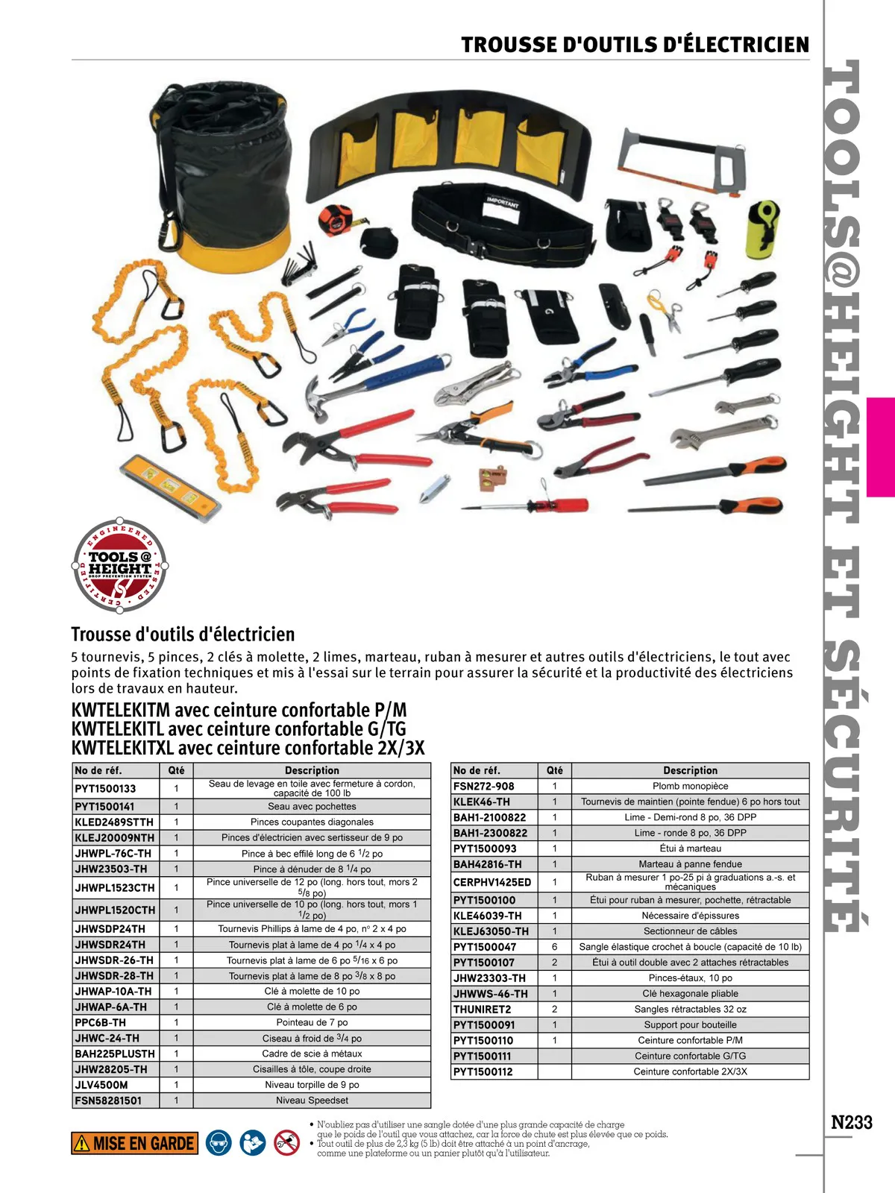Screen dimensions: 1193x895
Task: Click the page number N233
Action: coord(851,1122)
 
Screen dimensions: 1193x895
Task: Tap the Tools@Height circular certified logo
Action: coord(119,565)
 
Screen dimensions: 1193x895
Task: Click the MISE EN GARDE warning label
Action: coord(135,1143)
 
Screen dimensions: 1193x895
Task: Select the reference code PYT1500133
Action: coord(105,788)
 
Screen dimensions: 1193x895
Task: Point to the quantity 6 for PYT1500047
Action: coord(554,947)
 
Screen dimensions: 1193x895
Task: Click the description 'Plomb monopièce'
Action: coord(690,786)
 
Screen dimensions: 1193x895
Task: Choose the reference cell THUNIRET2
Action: coord(482,1009)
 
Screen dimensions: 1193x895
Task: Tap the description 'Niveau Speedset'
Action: coord(312,1100)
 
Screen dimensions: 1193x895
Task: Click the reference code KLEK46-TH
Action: coord(482,802)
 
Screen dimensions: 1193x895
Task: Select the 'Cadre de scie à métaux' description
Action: coord(312,1054)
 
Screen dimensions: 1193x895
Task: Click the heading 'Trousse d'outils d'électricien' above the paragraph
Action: coord(183,635)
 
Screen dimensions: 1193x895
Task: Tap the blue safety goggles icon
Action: coord(219,1142)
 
